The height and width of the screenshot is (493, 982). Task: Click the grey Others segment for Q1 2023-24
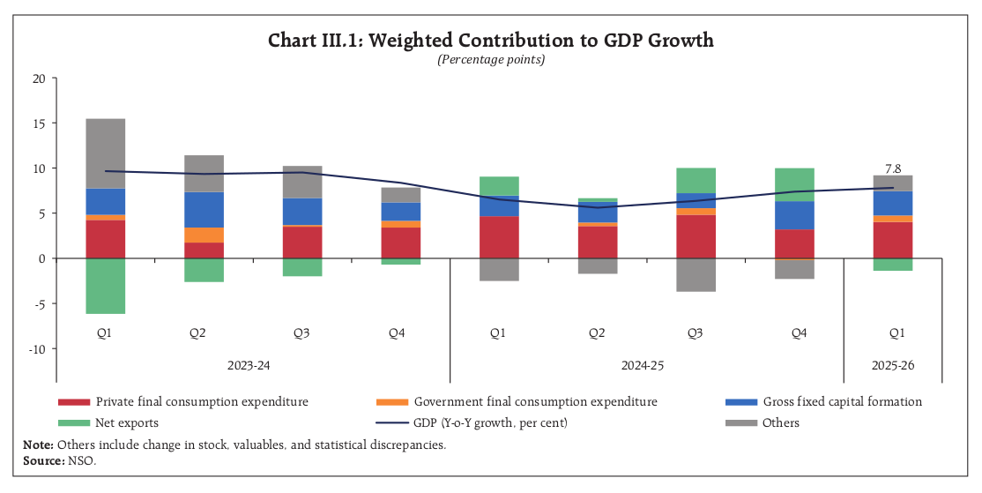[105, 153]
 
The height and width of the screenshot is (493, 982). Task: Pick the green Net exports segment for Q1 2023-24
[105, 286]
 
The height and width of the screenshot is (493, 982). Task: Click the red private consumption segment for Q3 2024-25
[696, 236]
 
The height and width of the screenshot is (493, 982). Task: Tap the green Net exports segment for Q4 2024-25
[795, 184]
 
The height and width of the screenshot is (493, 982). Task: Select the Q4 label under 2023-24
[397, 333]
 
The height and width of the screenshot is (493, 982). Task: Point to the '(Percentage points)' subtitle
[491, 60]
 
